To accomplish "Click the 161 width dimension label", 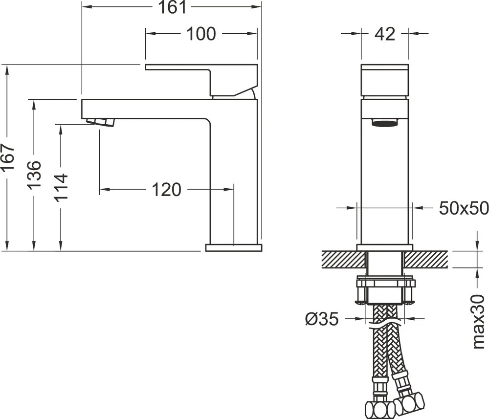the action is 173,7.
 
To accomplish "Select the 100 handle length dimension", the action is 201,34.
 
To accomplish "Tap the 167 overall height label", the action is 7,157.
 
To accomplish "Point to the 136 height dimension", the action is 34,175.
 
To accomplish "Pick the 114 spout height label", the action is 61,187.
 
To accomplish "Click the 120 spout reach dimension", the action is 166,190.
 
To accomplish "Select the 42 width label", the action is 385,33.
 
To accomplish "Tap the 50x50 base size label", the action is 464,208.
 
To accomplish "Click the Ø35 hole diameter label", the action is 322,319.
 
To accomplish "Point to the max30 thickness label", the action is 478,322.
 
